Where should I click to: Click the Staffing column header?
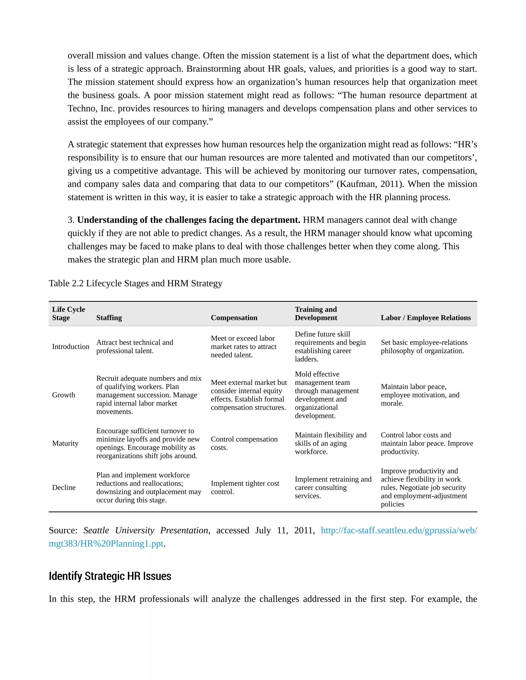109,318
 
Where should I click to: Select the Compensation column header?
234,318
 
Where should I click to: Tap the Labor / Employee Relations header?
426,318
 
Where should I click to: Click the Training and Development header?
316,314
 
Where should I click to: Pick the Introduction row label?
71,346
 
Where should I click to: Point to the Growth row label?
64,395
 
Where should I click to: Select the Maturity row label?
65,443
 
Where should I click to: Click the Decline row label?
64,487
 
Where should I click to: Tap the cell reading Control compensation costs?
244,443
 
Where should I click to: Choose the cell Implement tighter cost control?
245,487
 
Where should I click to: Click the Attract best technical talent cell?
135,346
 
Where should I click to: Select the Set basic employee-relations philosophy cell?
424,346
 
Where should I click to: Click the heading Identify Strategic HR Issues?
110,576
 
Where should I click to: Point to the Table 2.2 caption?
136,283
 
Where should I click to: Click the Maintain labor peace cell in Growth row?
420,395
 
